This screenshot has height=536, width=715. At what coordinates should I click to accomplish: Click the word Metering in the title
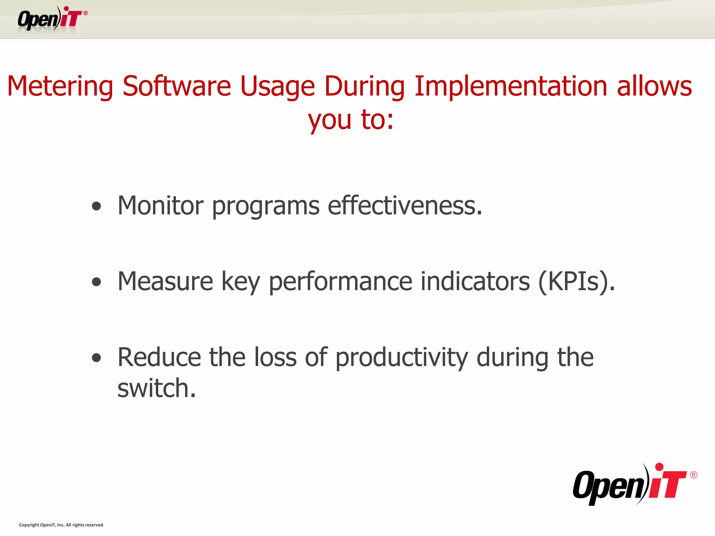(x=60, y=86)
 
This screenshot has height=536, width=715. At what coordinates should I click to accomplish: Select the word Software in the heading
(x=177, y=86)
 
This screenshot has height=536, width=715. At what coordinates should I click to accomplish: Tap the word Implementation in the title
(x=511, y=86)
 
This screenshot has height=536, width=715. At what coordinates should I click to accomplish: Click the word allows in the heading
(x=654, y=86)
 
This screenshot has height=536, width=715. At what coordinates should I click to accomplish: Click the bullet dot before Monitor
(x=96, y=206)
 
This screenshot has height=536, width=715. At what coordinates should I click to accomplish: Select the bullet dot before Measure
(x=96, y=282)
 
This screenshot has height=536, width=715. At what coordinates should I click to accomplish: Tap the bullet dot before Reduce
(x=96, y=358)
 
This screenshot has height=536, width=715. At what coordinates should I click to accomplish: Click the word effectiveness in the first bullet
(x=405, y=206)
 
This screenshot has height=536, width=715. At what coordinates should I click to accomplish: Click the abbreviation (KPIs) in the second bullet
(x=576, y=282)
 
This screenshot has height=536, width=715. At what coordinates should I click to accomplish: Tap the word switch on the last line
(x=156, y=388)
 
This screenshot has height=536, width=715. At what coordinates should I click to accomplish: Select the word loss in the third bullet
(x=275, y=357)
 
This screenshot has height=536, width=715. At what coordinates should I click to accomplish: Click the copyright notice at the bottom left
(x=61, y=525)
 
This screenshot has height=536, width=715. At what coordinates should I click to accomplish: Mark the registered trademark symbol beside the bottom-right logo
(x=693, y=475)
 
